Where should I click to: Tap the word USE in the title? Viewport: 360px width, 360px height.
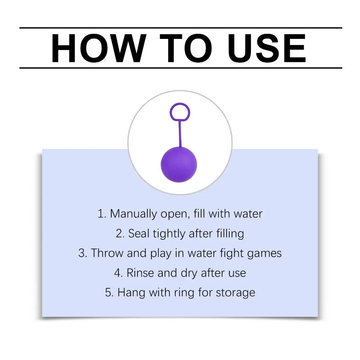click(267, 48)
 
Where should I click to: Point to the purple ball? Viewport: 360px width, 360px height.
click(179, 165)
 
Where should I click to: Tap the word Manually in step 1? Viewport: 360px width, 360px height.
click(133, 214)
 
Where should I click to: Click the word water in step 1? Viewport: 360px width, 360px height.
click(248, 214)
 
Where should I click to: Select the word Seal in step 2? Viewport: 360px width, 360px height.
click(137, 234)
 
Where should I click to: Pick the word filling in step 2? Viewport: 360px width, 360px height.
click(230, 234)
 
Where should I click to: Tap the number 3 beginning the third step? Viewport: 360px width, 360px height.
click(81, 253)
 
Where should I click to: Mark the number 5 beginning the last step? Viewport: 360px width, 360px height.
click(108, 293)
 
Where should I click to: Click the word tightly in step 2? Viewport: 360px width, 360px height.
click(169, 234)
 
